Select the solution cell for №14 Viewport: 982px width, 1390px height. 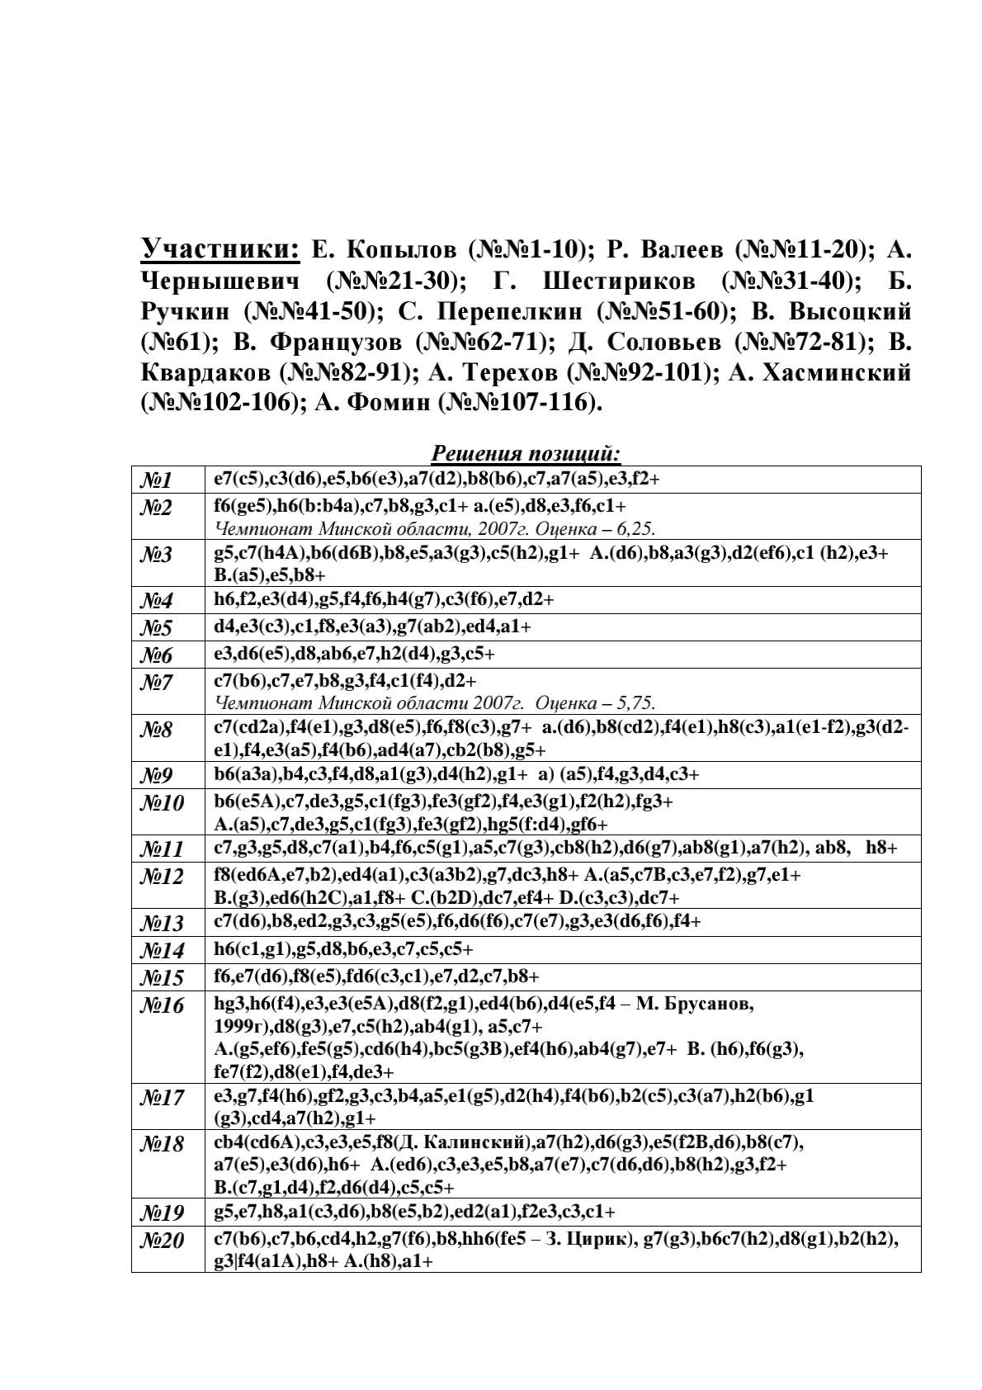tap(343, 949)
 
